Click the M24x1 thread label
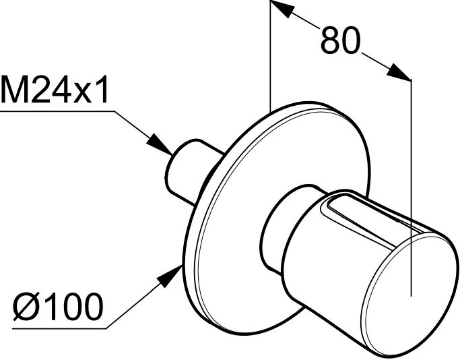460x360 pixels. click(x=55, y=89)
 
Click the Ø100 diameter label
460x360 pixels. click(x=58, y=306)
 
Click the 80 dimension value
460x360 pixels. click(x=340, y=40)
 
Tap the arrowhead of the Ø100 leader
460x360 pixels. click(x=169, y=276)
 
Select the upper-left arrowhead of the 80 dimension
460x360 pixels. click(x=281, y=9)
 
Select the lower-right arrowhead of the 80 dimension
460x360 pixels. click(x=399, y=72)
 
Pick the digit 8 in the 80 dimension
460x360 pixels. click(x=331, y=40)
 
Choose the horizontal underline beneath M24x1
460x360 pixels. click(x=57, y=111)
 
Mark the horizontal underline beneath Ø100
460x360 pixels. click(x=59, y=328)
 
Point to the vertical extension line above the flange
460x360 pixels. click(x=271, y=57)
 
